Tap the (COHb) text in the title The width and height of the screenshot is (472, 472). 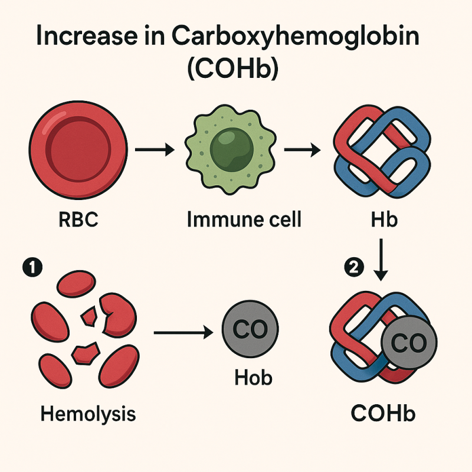[x=232, y=68]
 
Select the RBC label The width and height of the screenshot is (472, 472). [x=78, y=219]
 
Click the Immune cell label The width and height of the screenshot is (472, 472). [x=244, y=219]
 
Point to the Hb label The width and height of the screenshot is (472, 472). [x=384, y=219]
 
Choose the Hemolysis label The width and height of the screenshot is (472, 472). [x=88, y=414]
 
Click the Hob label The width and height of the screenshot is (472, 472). [x=254, y=378]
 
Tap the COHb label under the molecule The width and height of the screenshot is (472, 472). [x=383, y=414]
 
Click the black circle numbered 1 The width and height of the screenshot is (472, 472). [x=32, y=267]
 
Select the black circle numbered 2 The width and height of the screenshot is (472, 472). [x=354, y=267]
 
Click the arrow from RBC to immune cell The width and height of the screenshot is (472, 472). [x=155, y=149]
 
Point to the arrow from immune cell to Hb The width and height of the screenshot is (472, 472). [x=302, y=150]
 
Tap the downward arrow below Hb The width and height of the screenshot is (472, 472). [x=381, y=260]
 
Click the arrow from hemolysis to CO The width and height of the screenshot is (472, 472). [x=183, y=332]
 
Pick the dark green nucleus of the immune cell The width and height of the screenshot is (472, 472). [x=231, y=150]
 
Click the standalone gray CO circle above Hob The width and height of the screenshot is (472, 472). [x=250, y=329]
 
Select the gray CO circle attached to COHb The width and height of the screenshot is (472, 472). [x=409, y=343]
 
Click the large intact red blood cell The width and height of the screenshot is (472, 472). [x=78, y=150]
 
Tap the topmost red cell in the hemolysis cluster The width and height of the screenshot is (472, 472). [x=77, y=284]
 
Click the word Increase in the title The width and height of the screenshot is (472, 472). [x=87, y=36]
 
